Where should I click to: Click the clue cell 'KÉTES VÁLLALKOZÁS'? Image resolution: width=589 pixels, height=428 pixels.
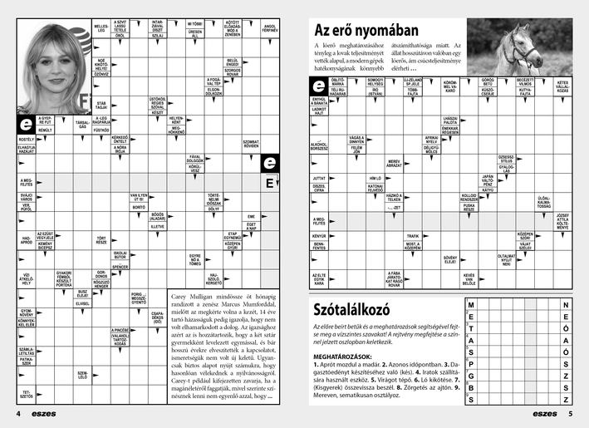pos(562,86)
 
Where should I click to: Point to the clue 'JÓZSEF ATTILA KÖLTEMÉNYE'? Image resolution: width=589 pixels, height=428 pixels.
pos(562,220)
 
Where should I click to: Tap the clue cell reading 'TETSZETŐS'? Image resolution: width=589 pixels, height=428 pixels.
pos(26,393)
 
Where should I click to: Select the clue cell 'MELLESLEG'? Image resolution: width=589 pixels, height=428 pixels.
pos(101,29)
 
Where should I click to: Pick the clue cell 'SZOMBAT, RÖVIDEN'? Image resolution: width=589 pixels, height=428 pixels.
pos(251,143)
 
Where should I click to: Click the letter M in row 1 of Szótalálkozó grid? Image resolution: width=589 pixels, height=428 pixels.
pos(472,305)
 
